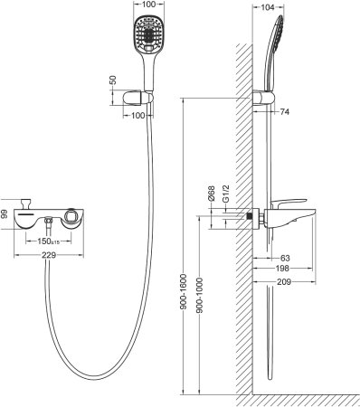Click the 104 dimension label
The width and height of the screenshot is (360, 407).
(x=268, y=7)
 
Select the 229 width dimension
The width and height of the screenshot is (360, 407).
(x=49, y=255)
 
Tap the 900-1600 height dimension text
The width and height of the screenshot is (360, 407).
(x=184, y=291)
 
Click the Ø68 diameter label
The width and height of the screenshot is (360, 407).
(x=211, y=194)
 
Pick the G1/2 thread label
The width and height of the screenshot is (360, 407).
(x=226, y=194)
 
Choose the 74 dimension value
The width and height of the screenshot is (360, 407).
(x=285, y=112)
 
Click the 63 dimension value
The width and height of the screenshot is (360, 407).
(x=285, y=258)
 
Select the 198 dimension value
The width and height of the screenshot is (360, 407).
(x=282, y=268)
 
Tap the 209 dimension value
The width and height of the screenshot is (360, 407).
(x=284, y=282)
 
